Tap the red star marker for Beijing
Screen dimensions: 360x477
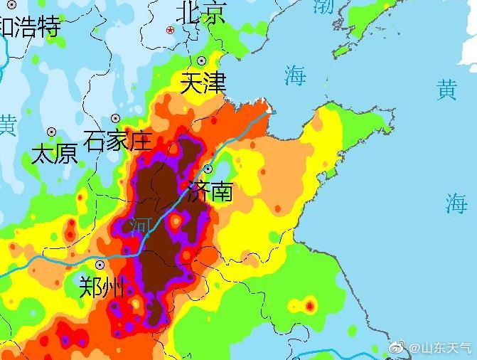[x=170, y=30]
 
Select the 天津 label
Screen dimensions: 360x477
[x=203, y=83]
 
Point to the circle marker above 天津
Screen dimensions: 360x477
[x=202, y=61]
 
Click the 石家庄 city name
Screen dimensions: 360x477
[x=117, y=141]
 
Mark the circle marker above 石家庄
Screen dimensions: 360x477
[x=115, y=119]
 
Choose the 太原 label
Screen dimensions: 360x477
[x=55, y=154]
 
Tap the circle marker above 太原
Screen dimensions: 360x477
[x=51, y=132]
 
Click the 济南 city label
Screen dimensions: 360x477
[x=210, y=191]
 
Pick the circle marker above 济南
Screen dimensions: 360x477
[x=208, y=169]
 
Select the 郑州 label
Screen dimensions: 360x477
[x=102, y=287]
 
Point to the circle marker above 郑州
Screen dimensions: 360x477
[x=100, y=265]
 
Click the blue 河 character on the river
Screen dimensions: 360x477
[x=140, y=226]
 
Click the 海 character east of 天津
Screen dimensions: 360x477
[x=295, y=75]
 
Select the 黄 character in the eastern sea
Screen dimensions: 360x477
[x=446, y=90]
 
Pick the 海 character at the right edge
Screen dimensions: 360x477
[x=456, y=203]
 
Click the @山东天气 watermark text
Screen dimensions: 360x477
[x=441, y=348]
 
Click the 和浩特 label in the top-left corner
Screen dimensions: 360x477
[x=30, y=27]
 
